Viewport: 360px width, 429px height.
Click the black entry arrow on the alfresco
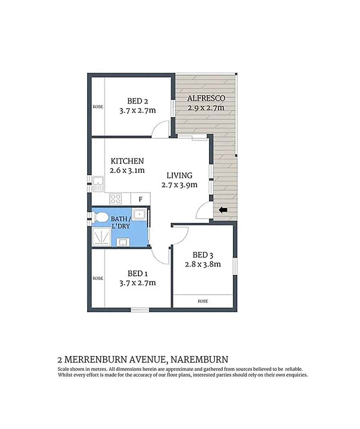pos(223,210)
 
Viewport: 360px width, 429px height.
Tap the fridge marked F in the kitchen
pos(140,199)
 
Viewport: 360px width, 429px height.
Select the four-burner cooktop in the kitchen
pos(116,198)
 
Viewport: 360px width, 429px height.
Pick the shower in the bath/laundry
pos(101,237)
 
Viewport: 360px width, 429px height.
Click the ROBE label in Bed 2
pos(98,107)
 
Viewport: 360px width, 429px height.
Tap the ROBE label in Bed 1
pos(98,278)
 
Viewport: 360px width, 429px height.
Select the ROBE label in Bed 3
pos(203,301)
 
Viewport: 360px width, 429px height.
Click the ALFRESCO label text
pos(206,98)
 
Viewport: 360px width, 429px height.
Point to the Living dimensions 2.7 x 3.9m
pos(179,185)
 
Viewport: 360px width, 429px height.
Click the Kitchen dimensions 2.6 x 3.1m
pos(127,170)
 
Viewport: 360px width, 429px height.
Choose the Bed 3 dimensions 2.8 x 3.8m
pos(203,264)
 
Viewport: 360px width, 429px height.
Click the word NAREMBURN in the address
pos(200,360)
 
